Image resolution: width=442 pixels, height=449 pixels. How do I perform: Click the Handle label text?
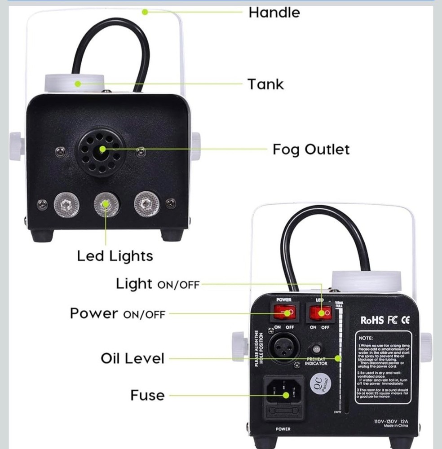(x=274, y=12)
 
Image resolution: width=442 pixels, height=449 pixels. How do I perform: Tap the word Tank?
(x=265, y=84)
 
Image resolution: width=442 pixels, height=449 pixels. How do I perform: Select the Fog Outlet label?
(x=311, y=150)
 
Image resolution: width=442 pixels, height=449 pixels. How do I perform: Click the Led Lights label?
(x=115, y=256)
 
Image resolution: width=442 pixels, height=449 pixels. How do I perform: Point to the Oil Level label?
(x=133, y=359)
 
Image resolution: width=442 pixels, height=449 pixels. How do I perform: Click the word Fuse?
(x=147, y=396)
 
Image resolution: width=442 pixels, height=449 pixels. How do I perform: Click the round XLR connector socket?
(x=283, y=347)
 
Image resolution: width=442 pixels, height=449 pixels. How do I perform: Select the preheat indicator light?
(x=317, y=349)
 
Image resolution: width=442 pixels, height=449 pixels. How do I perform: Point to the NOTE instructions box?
(x=383, y=367)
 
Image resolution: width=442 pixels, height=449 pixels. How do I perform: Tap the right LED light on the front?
(x=146, y=204)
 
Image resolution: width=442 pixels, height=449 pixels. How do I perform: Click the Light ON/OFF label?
(x=157, y=284)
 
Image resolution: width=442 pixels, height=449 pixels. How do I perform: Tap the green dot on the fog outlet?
(x=102, y=150)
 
